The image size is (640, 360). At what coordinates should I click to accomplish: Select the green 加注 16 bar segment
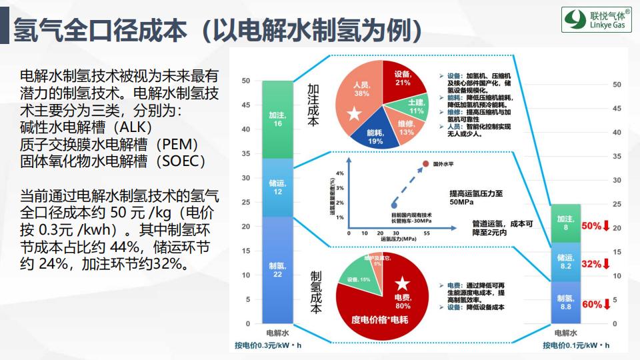click(277, 119)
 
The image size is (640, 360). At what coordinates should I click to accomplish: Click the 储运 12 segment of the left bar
click(277, 187)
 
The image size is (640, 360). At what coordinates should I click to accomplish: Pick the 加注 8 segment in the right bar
click(565, 223)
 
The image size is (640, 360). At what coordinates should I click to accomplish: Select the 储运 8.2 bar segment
click(565, 261)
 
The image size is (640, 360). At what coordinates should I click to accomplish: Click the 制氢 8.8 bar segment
click(565, 303)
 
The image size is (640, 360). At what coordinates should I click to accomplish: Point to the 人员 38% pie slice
click(360, 93)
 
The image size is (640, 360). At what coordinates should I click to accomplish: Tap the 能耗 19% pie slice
click(375, 135)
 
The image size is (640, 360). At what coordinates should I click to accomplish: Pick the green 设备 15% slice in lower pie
click(358, 279)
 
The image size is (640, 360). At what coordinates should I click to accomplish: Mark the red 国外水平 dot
click(425, 163)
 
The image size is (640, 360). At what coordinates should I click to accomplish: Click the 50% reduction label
click(595, 226)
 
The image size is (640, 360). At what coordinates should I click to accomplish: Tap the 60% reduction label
click(595, 304)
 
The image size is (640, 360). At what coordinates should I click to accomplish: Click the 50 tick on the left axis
click(246, 81)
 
